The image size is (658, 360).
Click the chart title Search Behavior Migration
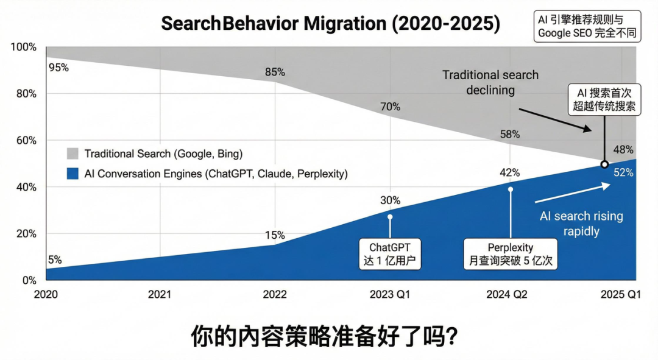(330, 24)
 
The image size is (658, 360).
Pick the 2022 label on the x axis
(275, 295)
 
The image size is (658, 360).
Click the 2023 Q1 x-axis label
(390, 295)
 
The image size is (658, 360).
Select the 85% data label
(275, 72)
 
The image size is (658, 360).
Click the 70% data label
(390, 107)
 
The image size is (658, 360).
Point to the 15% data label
(275, 235)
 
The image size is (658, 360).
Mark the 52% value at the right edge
(623, 172)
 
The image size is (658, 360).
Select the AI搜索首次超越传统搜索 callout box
(604, 100)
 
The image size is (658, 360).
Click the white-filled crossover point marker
(604, 164)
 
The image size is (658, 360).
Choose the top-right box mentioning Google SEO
(587, 26)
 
